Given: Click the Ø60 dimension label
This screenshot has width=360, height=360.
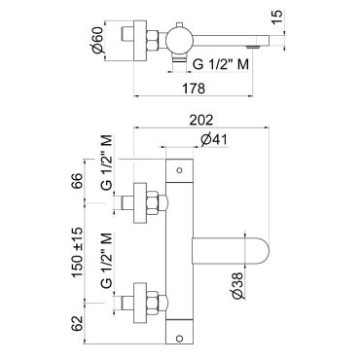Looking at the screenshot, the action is pyautogui.click(x=97, y=40).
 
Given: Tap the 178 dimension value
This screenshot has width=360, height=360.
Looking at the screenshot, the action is pyautogui.click(x=194, y=89).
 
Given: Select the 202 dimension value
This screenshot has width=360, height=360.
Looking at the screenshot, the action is pyautogui.click(x=201, y=120).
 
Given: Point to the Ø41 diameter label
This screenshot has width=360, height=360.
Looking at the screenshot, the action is pyautogui.click(x=214, y=140).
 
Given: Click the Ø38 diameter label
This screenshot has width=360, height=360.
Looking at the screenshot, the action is pyautogui.click(x=237, y=285).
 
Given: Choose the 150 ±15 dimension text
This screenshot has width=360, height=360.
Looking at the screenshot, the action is pyautogui.click(x=78, y=252).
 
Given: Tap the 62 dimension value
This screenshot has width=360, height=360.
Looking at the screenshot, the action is pyautogui.click(x=78, y=322).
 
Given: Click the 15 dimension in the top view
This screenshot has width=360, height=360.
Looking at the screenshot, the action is pyautogui.click(x=277, y=17).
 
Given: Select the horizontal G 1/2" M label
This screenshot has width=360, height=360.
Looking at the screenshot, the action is pyautogui.click(x=221, y=64).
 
